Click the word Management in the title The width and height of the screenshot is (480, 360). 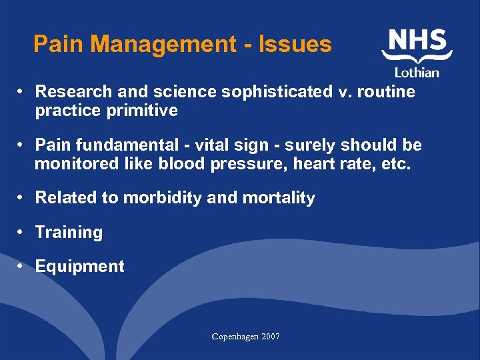coord(163,44)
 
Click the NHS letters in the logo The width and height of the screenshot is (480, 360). coord(417,41)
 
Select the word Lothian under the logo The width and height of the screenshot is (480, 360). coord(417,72)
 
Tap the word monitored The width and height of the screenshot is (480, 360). coord(77,164)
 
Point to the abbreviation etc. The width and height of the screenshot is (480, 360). coord(395,164)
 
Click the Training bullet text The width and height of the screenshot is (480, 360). coord(69,233)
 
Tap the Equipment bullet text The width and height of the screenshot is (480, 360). coord(79,267)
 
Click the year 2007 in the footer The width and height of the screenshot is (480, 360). coord(270,337)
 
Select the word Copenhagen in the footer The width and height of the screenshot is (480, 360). coord(235,337)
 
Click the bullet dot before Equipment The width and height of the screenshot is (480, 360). coord(22,266)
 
